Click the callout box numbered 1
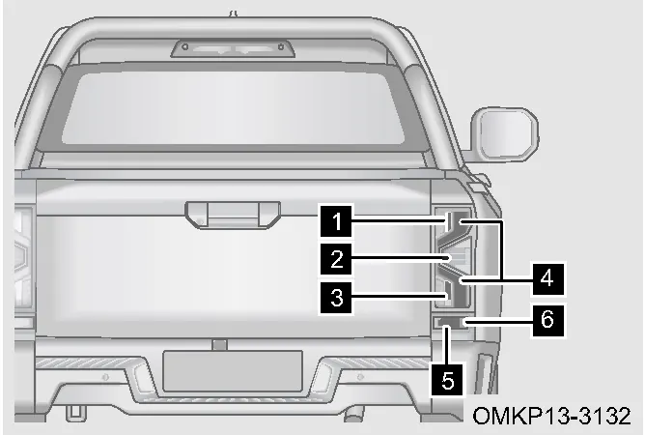336,221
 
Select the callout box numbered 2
336,259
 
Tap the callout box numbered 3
336,297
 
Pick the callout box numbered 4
547,278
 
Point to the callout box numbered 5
448,379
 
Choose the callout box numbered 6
547,320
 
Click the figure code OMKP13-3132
551,416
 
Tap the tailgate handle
233,215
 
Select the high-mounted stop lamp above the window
233,48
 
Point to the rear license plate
233,370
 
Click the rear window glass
233,108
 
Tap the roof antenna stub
234,14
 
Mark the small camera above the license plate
219,345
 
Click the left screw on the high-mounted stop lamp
185,47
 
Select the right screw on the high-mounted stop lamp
281,47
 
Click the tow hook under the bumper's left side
75,413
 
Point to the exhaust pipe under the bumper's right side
354,414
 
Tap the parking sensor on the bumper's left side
105,376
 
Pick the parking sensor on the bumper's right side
360,376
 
